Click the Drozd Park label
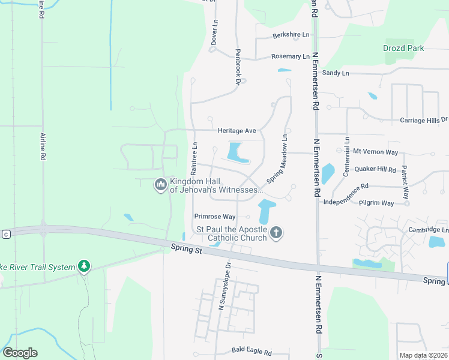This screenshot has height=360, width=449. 403,48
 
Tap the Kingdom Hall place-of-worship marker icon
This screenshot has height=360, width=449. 160,184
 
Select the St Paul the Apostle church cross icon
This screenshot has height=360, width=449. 276,232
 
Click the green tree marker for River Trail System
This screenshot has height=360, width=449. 85,266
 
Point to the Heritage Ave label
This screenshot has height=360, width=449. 237,130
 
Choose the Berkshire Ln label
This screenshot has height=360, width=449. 291,35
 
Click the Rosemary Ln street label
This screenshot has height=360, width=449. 290,56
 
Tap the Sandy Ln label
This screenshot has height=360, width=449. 335,73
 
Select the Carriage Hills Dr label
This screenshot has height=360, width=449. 424,120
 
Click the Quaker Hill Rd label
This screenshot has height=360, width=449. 375,169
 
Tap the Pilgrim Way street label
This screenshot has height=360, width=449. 376,203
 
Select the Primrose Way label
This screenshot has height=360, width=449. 214,217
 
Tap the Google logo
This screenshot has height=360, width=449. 20,353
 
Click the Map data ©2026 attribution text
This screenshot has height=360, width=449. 423,356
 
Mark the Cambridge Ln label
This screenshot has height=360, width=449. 428,230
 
